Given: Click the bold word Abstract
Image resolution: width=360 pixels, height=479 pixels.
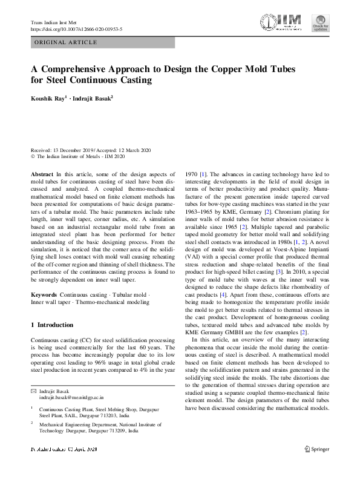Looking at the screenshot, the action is (43, 173).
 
